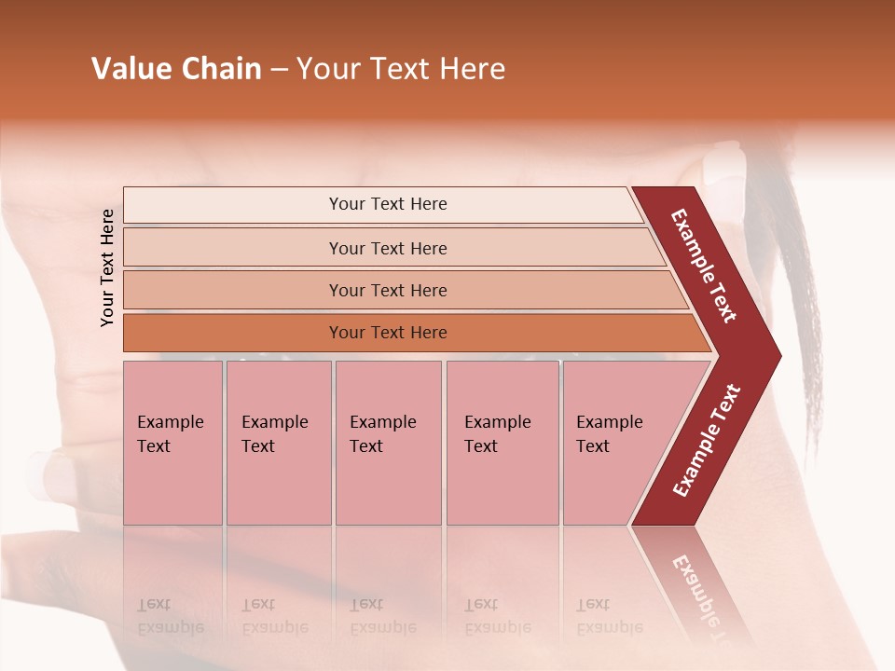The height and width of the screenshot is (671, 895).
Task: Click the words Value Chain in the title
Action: pyautogui.click(x=176, y=69)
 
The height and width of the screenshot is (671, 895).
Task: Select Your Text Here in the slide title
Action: pyautogui.click(x=401, y=69)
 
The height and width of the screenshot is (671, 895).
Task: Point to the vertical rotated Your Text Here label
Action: pyautogui.click(x=107, y=267)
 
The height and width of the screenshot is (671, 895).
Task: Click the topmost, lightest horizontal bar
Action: pyautogui.click(x=387, y=204)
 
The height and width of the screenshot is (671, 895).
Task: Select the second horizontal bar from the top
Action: pyautogui.click(x=387, y=248)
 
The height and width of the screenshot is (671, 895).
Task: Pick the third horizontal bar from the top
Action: pyautogui.click(x=387, y=290)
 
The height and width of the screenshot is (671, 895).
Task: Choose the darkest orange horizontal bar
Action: pyautogui.click(x=387, y=333)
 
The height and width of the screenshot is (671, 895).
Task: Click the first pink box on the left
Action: pyautogui.click(x=172, y=442)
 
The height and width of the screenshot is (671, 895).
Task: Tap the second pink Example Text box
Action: pyautogui.click(x=278, y=442)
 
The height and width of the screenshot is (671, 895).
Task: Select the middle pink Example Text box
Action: pyautogui.click(x=388, y=442)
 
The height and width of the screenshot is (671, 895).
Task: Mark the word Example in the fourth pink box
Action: pyautogui.click(x=498, y=422)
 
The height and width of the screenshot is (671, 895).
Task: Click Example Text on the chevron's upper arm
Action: pyautogui.click(x=704, y=266)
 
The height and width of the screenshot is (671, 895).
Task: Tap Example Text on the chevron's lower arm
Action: pyautogui.click(x=707, y=441)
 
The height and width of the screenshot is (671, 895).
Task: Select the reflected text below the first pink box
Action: pyautogui.click(x=170, y=616)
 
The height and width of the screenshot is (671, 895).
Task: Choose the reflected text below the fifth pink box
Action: pyautogui.click(x=609, y=616)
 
